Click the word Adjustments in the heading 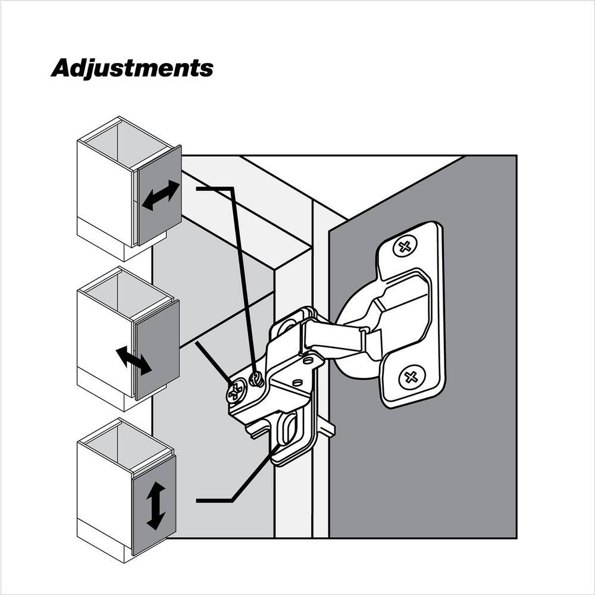[x=132, y=68]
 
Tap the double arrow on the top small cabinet [x=161, y=195]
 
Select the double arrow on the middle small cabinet [x=133, y=361]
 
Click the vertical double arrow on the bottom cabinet [x=156, y=506]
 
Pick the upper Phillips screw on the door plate [x=405, y=247]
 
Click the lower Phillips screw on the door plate [x=411, y=377]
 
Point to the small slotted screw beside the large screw [x=256, y=379]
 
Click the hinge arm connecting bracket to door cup [x=334, y=336]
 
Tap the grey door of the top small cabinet [x=159, y=195]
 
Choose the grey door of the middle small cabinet [x=156, y=349]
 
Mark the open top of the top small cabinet [x=124, y=140]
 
